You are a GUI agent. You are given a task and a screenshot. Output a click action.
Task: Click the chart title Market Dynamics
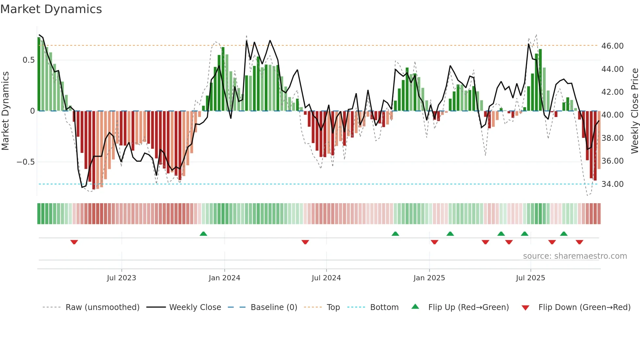51,9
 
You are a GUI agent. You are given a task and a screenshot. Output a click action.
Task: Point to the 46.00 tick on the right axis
612,46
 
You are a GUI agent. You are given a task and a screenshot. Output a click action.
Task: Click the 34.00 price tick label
612,184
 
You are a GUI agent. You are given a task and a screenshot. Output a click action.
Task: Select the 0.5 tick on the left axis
28,60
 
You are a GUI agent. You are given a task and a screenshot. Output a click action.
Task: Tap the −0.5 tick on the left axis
26,162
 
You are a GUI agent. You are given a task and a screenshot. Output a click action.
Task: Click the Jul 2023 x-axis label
121,278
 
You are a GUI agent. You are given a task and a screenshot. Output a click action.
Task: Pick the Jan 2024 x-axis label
224,278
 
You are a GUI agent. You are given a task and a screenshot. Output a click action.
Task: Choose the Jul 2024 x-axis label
326,278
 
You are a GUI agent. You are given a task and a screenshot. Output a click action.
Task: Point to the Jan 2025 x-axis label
429,278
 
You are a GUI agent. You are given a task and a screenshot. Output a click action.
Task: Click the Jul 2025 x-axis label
530,278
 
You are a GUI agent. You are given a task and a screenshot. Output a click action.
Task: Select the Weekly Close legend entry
195,307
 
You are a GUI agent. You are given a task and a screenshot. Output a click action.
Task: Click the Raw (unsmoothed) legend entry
102,307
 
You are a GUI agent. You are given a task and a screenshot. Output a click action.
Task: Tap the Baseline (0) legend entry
274,307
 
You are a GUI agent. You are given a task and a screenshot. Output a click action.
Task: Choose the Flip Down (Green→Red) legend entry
584,307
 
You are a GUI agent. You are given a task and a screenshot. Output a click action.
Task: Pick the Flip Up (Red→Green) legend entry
468,307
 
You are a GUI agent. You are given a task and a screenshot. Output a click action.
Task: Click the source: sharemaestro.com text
575,256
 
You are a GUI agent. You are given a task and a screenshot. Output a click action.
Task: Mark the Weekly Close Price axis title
634,111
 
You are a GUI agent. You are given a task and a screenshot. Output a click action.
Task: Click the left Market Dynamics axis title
5,111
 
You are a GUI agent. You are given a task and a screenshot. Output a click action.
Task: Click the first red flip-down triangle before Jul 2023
74,242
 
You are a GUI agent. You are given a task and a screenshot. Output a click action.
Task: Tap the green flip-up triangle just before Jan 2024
203,234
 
